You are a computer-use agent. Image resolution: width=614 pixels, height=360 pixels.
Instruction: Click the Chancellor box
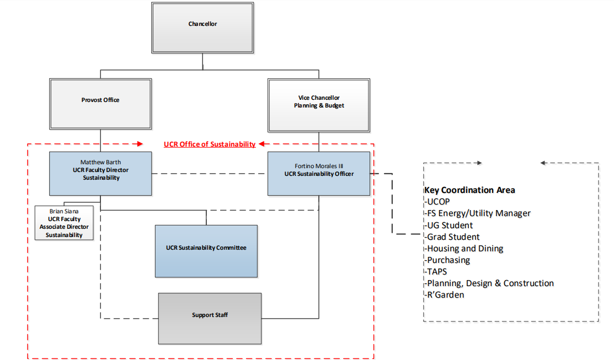202,28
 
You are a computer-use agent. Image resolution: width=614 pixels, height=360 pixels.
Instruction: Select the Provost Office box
100,104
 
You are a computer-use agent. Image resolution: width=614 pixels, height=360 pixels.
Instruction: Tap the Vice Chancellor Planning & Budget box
319,105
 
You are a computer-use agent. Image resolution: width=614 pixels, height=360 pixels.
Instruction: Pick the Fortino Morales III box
319,174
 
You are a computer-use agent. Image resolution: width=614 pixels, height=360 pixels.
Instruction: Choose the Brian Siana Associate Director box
64,223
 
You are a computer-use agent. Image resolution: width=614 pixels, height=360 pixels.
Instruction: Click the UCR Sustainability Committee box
206,251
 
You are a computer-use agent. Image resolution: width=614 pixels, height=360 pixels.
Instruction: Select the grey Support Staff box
210,318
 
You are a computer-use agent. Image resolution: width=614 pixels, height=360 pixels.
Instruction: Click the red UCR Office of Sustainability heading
210,144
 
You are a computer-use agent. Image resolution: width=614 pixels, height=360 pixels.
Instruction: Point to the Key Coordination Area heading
469,190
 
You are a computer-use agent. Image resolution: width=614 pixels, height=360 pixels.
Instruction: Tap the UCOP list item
438,202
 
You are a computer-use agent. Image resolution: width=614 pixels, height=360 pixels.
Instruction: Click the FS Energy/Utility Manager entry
478,213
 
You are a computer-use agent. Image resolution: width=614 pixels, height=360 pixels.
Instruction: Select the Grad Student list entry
452,237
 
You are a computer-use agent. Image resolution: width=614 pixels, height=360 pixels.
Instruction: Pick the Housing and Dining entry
464,249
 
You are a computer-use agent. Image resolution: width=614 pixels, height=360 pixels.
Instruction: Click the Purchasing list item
447,260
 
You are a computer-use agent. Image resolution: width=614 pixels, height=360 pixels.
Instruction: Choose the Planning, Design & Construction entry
489,283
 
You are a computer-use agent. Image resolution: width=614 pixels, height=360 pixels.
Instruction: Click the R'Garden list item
445,295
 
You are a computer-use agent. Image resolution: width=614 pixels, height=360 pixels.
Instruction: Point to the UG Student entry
449,225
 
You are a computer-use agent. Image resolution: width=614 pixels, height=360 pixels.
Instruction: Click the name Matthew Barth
100,162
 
